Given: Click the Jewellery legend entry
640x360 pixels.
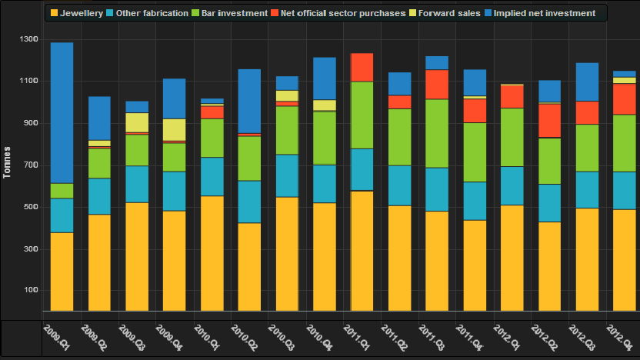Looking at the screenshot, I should point(81,13).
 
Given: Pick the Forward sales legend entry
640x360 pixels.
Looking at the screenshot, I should point(449,13).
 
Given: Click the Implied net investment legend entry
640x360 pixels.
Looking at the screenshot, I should point(545,13).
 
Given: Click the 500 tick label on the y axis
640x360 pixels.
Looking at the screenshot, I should point(28,207).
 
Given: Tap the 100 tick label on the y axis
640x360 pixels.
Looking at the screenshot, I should point(28,291).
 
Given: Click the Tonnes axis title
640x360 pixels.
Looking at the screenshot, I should point(7,161).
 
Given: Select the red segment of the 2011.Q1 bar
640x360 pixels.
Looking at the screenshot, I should point(362,67).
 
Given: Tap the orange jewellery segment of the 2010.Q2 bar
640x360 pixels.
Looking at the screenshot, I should point(249,266).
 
